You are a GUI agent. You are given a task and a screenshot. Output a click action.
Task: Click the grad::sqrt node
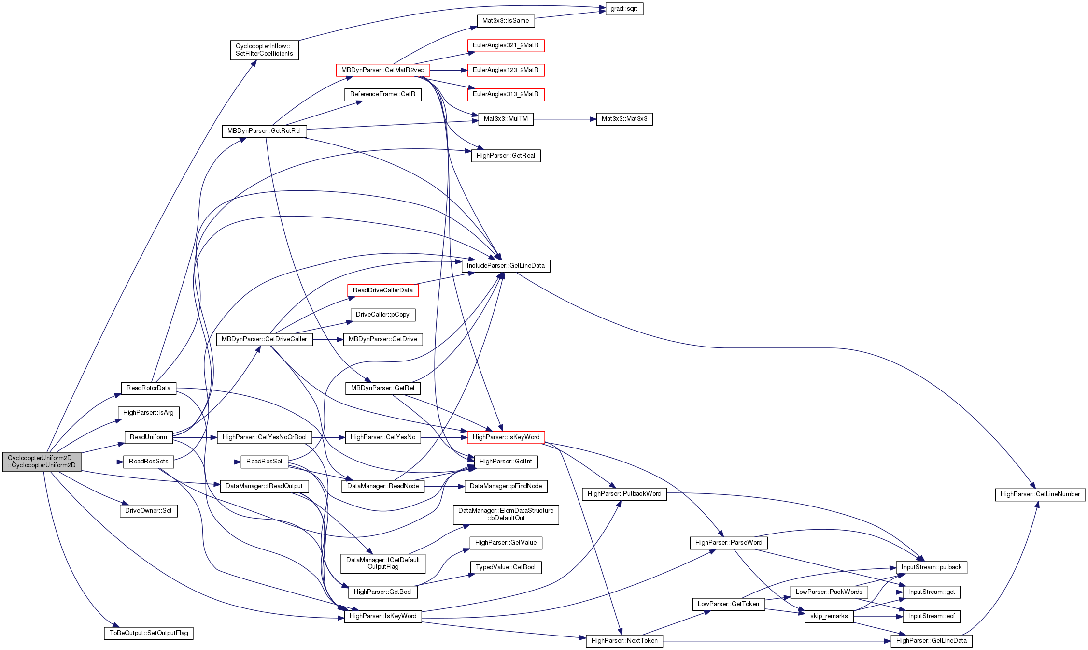[x=624, y=9]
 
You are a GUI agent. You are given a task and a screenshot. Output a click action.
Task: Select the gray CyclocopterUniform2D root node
[x=42, y=462]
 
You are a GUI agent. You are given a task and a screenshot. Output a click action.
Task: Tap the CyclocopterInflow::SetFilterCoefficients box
[x=264, y=50]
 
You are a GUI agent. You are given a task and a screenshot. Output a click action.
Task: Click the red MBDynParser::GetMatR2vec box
[x=382, y=70]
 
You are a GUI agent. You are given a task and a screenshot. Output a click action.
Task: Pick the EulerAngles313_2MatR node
[x=506, y=94]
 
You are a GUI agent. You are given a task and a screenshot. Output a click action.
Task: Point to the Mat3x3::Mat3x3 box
[x=624, y=119]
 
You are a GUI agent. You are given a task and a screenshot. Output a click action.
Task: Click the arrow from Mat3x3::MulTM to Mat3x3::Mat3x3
[x=565, y=119]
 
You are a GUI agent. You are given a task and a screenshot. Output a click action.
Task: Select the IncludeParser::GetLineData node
[x=506, y=266]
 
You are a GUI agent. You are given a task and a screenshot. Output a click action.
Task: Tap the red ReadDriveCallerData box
[x=383, y=290]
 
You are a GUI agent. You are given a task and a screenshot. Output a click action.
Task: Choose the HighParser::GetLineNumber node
[x=1040, y=494]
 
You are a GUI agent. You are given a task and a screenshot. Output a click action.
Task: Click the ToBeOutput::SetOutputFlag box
[x=149, y=633]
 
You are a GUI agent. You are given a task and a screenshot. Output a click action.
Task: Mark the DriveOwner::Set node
[x=149, y=511]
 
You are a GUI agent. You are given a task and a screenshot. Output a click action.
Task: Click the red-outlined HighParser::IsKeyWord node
[x=506, y=437]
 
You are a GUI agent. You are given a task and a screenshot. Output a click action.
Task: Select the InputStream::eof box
[x=932, y=616]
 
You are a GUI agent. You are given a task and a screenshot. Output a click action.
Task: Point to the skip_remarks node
[x=829, y=616]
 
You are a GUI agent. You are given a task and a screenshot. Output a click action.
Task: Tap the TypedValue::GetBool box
[x=506, y=567]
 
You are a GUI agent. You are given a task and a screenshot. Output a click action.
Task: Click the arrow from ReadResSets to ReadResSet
[x=207, y=462]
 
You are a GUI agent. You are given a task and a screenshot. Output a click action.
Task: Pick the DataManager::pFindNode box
[x=506, y=486]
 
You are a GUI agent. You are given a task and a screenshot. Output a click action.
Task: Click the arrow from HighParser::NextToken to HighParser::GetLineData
[x=777, y=641]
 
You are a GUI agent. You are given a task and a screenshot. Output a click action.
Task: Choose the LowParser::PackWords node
[x=829, y=592]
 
